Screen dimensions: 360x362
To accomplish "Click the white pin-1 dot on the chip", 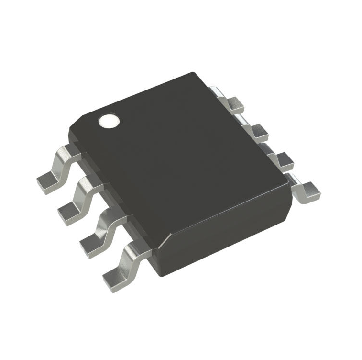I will click(109, 122).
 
